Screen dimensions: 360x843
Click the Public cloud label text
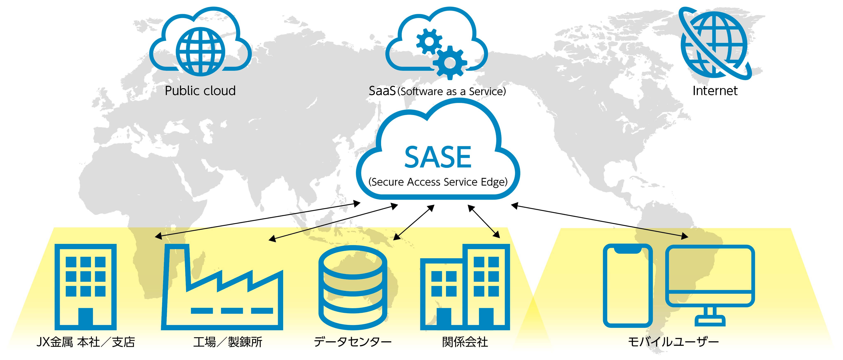(200, 91)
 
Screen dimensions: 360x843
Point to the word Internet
(715, 91)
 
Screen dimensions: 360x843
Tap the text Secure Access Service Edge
(438, 182)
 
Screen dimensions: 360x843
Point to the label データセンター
(353, 342)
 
